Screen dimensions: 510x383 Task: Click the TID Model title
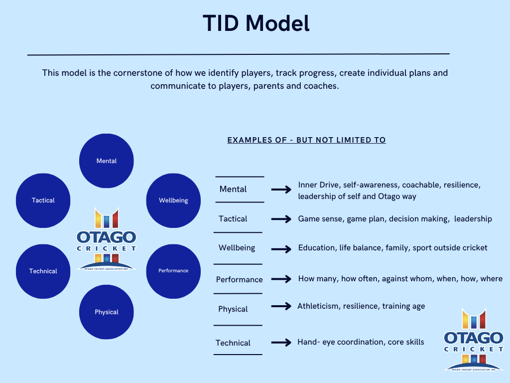click(256, 23)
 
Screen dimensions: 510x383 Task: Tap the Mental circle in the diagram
click(107, 161)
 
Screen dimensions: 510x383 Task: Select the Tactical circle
click(43, 200)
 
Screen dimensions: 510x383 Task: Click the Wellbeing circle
click(173, 200)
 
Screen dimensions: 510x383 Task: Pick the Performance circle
click(173, 271)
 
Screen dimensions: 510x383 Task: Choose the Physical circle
click(107, 312)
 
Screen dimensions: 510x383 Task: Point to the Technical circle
click(43, 271)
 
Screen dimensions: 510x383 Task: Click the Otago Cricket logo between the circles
click(107, 239)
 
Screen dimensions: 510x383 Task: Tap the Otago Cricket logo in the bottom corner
click(474, 340)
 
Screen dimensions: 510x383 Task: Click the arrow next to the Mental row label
click(281, 189)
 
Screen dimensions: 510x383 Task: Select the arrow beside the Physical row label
click(281, 306)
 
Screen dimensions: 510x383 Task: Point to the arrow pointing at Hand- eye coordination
click(281, 342)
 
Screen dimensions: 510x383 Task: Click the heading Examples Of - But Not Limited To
click(306, 140)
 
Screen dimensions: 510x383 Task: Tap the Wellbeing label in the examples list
click(237, 248)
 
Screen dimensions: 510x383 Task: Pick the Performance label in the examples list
click(240, 279)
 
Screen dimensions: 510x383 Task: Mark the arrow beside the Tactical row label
click(281, 219)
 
